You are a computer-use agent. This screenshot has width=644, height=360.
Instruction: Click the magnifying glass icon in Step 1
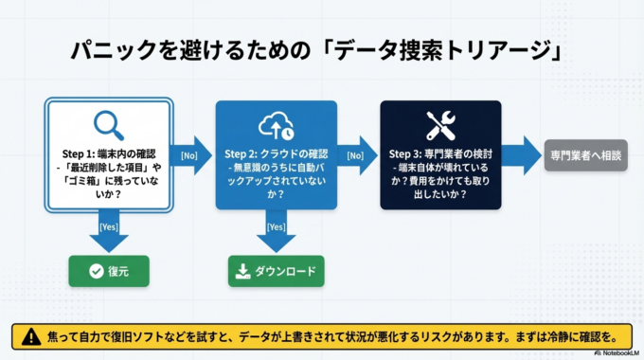107,125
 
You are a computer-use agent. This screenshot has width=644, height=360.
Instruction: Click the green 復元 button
107,271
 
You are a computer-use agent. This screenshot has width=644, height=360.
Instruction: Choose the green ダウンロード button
276,271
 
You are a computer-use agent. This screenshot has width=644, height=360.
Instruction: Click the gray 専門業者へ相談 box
586,154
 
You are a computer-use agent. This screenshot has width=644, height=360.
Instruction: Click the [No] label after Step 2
355,153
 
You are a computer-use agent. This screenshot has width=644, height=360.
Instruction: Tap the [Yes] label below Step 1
109,227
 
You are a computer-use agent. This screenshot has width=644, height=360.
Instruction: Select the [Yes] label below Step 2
276,227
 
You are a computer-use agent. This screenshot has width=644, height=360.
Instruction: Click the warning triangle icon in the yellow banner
31,335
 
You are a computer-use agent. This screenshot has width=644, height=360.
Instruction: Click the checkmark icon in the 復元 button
96,271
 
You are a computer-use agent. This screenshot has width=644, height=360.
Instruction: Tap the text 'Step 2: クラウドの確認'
276,154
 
